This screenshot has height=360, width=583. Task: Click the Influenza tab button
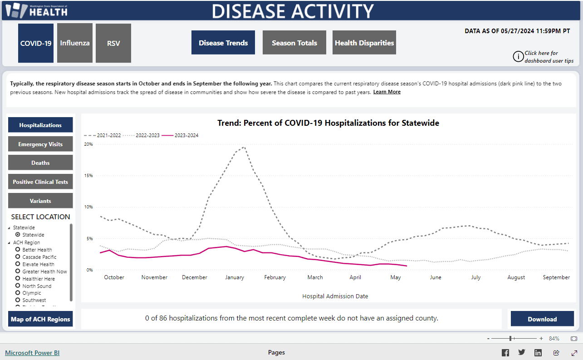pyautogui.click(x=75, y=43)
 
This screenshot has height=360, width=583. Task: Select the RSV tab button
pyautogui.click(x=113, y=43)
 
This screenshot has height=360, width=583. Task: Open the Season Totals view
pyautogui.click(x=294, y=43)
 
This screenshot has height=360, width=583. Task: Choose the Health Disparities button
pyautogui.click(x=364, y=43)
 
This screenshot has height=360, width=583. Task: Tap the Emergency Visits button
pyautogui.click(x=40, y=144)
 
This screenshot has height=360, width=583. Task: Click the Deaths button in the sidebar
pyautogui.click(x=40, y=163)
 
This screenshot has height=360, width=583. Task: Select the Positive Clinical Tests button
pyautogui.click(x=40, y=182)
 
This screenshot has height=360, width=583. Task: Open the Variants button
pyautogui.click(x=40, y=201)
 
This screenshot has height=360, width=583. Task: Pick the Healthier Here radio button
pyautogui.click(x=18, y=279)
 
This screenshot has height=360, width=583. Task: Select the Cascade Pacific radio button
pyautogui.click(x=18, y=257)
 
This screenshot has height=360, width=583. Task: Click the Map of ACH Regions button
pyautogui.click(x=40, y=319)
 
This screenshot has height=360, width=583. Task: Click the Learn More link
pyautogui.click(x=387, y=92)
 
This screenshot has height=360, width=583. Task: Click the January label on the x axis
pyautogui.click(x=235, y=277)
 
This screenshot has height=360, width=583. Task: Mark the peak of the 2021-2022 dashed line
pyautogui.click(x=244, y=147)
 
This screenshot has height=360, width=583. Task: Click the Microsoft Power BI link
pyautogui.click(x=32, y=353)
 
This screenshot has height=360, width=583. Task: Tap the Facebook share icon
pyautogui.click(x=505, y=353)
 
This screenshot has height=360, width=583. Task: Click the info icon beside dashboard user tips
pyautogui.click(x=518, y=56)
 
